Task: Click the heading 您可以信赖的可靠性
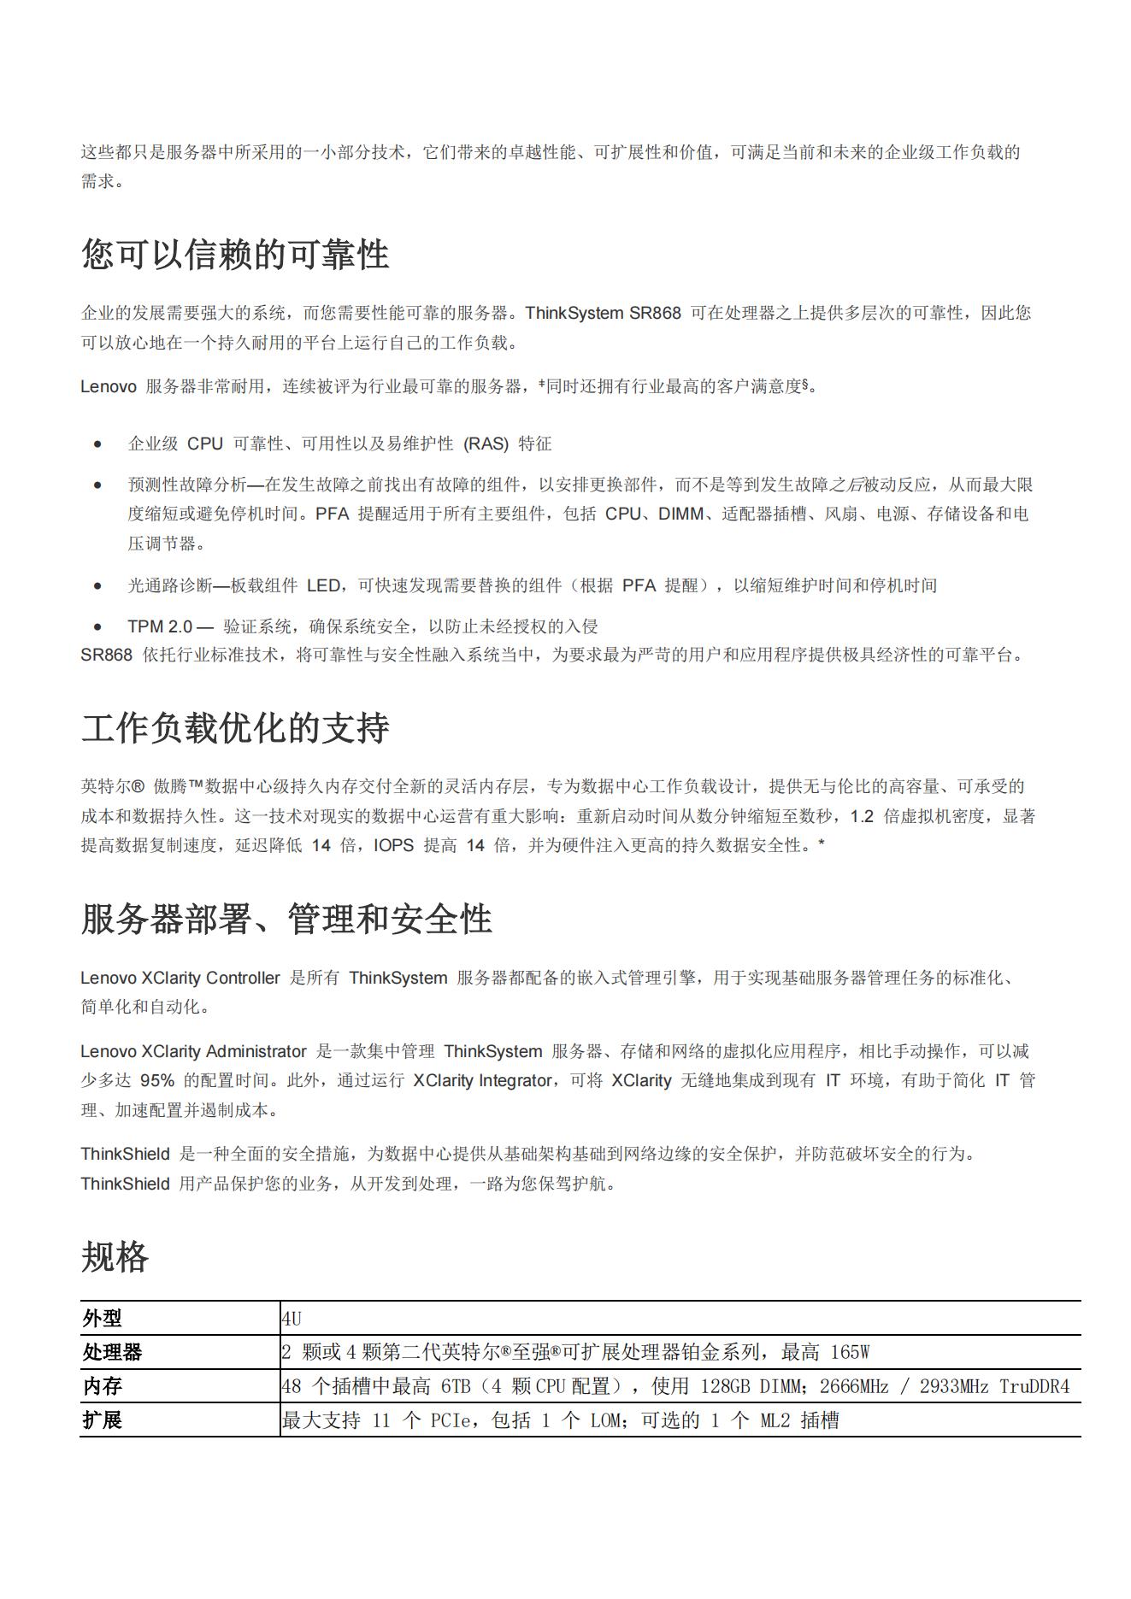(235, 255)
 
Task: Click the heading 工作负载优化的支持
(235, 728)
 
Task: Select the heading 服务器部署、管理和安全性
(286, 920)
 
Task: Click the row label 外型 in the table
(103, 1319)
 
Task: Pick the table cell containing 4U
(292, 1319)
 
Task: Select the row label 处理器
(113, 1352)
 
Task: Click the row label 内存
(103, 1386)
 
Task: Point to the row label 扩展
(103, 1420)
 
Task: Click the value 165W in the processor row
(850, 1352)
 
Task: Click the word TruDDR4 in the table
(1034, 1386)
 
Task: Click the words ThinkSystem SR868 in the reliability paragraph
(603, 313)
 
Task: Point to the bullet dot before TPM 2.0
(98, 626)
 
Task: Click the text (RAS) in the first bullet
(486, 444)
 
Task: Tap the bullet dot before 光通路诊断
(98, 585)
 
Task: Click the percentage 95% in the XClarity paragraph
(157, 1080)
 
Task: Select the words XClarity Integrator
(482, 1080)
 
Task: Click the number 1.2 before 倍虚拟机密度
(862, 816)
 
